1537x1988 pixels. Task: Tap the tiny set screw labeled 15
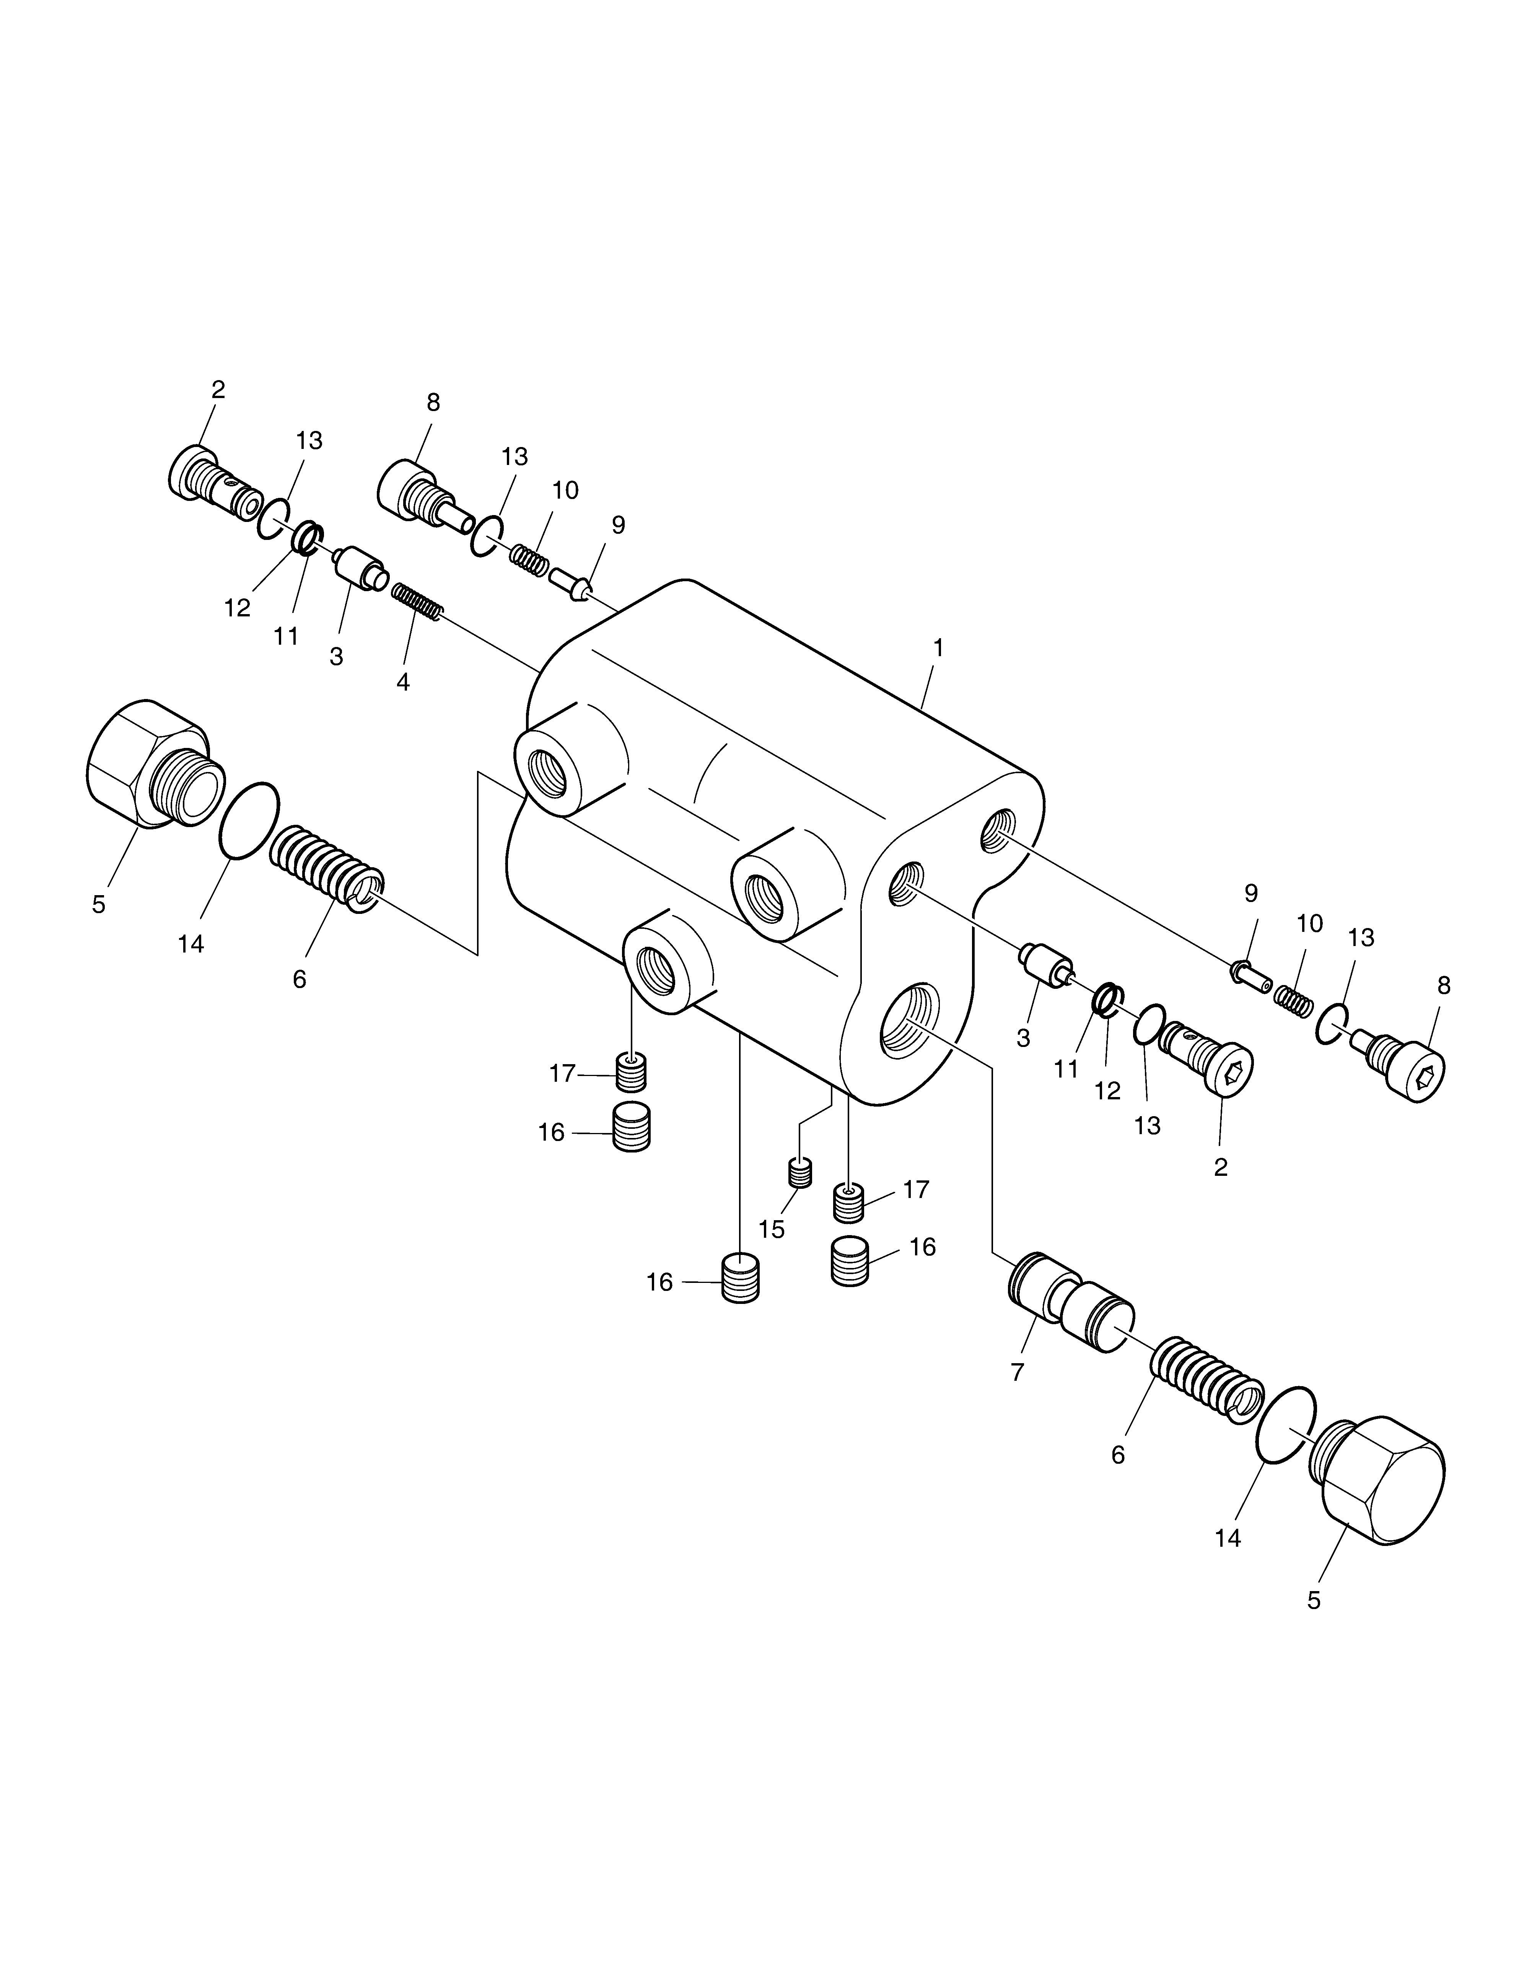[x=799, y=1172]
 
